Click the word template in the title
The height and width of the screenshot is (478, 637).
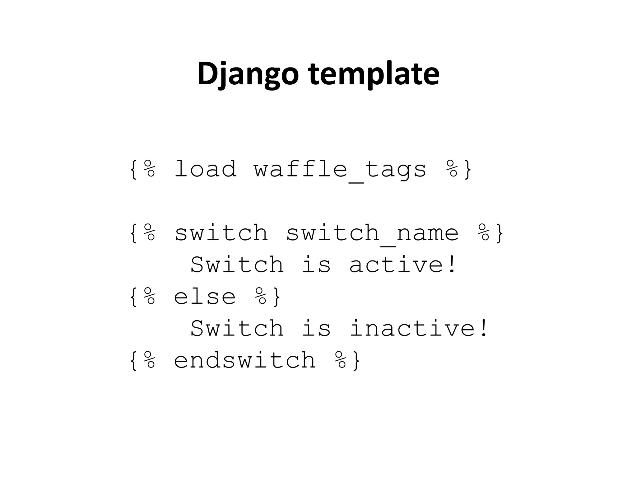374,74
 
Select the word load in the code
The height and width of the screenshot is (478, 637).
205,169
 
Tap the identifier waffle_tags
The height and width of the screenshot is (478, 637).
340,170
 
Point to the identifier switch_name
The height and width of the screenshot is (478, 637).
372,233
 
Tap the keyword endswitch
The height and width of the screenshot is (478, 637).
244,360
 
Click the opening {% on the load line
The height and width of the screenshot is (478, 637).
142,169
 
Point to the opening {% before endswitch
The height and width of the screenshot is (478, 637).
142,360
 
